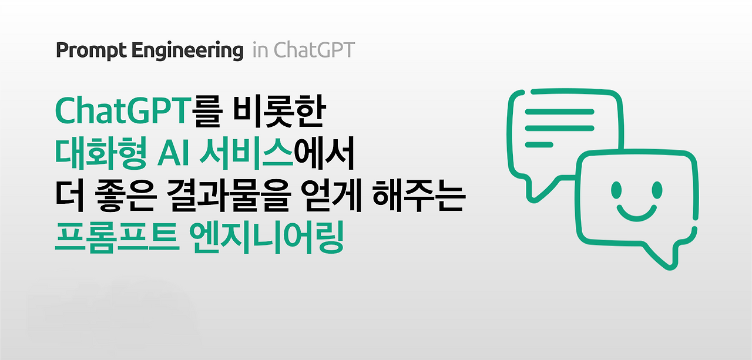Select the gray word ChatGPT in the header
click(314, 51)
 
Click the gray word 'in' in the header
click(260, 51)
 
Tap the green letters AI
click(172, 154)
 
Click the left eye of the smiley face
click(616, 189)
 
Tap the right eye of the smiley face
click(657, 189)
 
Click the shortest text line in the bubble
click(538, 144)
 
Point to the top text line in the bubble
click(559, 112)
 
